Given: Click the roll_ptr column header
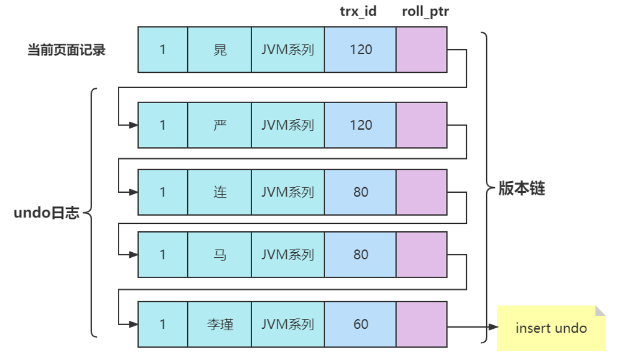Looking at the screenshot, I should [x=425, y=11].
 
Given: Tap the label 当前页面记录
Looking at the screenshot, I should [x=66, y=50].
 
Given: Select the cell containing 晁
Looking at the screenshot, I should [x=219, y=49].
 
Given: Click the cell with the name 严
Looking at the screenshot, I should [x=219, y=125].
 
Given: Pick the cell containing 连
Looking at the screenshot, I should [x=219, y=192].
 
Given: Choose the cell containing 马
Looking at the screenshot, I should [x=219, y=255].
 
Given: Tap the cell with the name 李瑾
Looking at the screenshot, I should [x=219, y=325].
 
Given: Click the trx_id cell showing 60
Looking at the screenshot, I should [x=360, y=325].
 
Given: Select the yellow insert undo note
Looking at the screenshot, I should [x=551, y=328].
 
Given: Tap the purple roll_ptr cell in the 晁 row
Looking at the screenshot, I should [x=421, y=49].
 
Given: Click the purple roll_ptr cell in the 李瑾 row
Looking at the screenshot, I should [x=421, y=325].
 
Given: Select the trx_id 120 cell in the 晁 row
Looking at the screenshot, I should [x=360, y=49].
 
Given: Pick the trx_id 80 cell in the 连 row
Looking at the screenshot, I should [x=360, y=192].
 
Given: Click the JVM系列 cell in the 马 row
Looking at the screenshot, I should [x=288, y=255].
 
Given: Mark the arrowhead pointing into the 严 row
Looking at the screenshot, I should [x=134, y=125].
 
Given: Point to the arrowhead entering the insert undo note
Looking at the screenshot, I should [x=493, y=327].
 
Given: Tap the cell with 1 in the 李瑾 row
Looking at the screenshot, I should [x=163, y=325].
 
